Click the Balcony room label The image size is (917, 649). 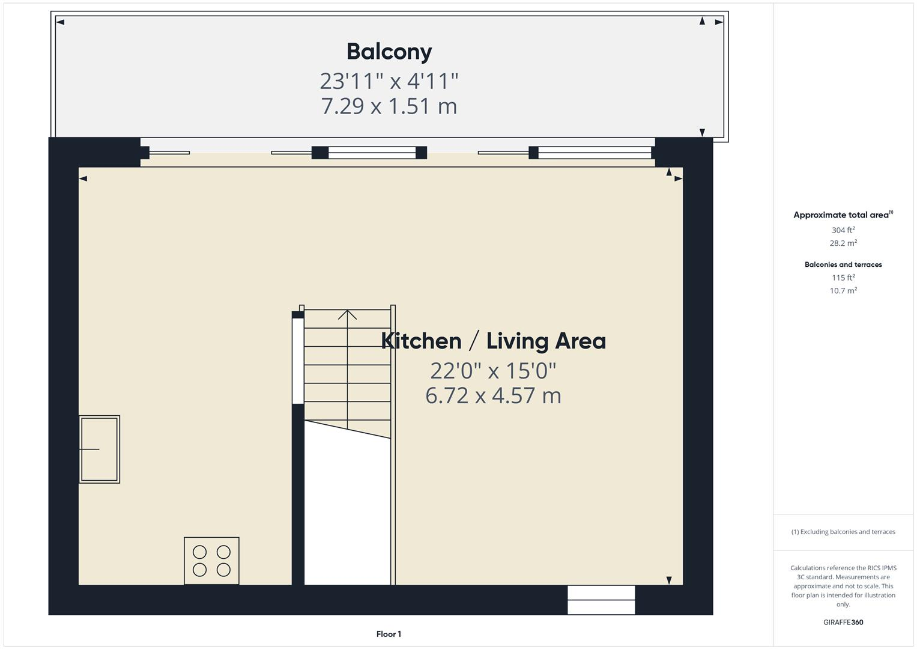point(389,52)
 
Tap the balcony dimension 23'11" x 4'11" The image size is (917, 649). point(389,81)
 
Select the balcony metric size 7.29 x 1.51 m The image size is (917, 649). point(389,106)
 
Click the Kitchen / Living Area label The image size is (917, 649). point(493,341)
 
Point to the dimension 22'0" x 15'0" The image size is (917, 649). point(493,371)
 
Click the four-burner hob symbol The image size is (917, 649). point(211,561)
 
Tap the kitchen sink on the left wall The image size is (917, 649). point(99,449)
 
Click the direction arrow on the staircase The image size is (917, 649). point(347,314)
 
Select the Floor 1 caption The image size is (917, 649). point(389,634)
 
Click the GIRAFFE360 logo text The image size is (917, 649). point(843,623)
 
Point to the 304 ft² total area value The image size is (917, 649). point(843,230)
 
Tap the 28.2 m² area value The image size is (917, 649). point(843,243)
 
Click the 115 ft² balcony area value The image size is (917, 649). point(843,278)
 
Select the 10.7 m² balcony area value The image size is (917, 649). point(843,291)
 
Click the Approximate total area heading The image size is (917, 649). point(843,215)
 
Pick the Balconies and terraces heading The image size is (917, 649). point(843,264)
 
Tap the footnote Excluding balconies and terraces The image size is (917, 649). point(843,532)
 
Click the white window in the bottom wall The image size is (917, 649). point(601,600)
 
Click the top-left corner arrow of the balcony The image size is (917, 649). point(60,22)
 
